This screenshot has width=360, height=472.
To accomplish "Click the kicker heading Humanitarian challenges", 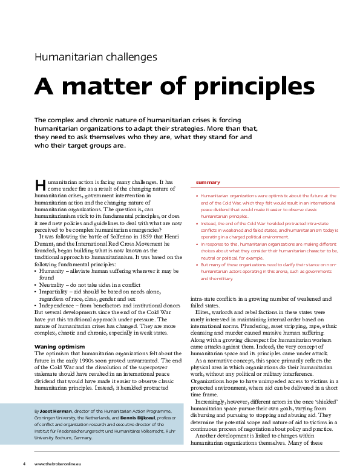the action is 96,57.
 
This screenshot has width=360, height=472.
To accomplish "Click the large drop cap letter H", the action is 40,184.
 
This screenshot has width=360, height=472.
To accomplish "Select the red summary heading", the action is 208,182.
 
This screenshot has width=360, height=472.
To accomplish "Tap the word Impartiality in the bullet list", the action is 58,292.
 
